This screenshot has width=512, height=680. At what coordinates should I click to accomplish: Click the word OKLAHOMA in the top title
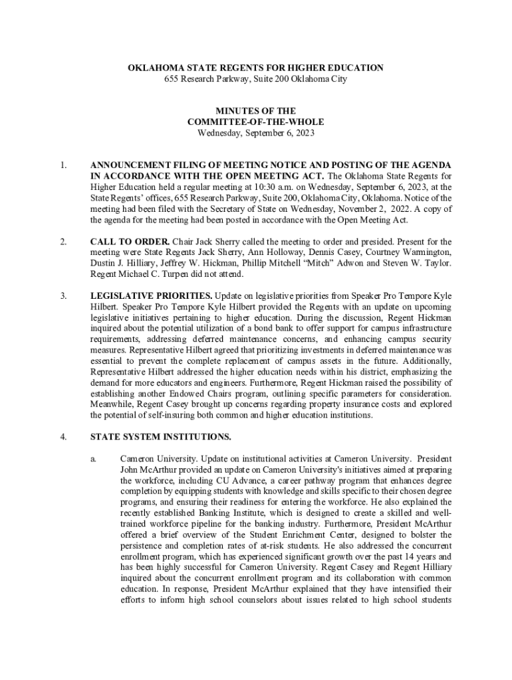pos(152,68)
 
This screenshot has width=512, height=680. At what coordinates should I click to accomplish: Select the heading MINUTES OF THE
pos(256,111)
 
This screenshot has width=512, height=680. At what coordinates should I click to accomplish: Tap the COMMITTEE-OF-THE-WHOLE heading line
pos(256,122)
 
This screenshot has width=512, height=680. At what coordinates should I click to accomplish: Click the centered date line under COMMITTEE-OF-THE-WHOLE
pos(256,133)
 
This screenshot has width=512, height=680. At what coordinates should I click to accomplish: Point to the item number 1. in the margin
pos(63,165)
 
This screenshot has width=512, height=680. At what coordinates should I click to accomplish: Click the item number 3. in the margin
pos(63,296)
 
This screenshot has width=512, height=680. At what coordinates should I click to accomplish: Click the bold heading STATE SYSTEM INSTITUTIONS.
pos(160,437)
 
